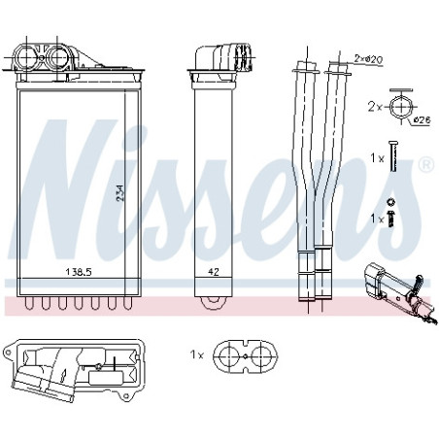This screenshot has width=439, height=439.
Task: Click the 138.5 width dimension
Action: click(x=79, y=272)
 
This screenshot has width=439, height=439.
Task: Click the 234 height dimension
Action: click(x=119, y=193)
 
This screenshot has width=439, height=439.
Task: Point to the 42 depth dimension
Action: click(x=214, y=272)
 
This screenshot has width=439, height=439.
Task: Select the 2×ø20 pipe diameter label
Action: click(x=368, y=59)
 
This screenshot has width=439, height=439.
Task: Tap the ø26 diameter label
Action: click(x=422, y=120)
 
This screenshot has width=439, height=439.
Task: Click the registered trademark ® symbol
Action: click(x=426, y=165)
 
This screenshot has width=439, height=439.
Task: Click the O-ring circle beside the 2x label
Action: click(x=401, y=107)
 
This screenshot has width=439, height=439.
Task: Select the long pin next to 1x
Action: click(x=393, y=156)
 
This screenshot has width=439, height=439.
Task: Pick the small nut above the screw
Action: click(x=391, y=202)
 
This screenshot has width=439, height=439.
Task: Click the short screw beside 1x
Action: click(x=391, y=219)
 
